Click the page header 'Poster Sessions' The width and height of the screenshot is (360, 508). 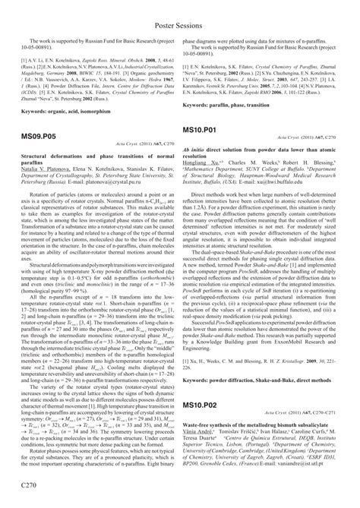180,9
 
